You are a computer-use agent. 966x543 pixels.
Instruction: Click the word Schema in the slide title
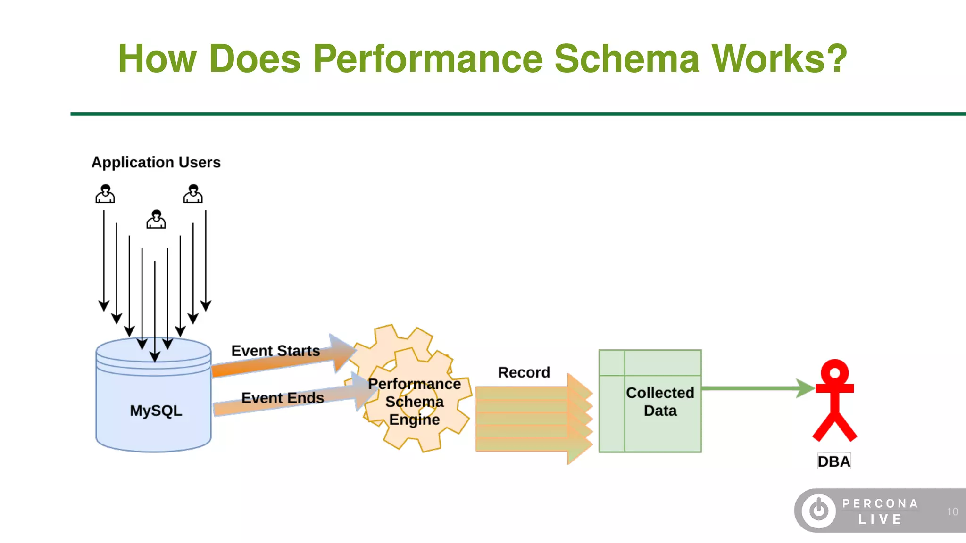(x=626, y=58)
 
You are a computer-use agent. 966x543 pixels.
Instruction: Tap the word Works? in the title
(x=779, y=58)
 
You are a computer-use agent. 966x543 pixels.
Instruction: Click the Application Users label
(x=156, y=162)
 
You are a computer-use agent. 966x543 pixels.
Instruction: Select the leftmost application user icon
(x=105, y=194)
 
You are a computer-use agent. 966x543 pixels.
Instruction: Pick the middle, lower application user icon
(x=156, y=219)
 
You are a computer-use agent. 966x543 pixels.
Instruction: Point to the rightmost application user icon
(x=193, y=194)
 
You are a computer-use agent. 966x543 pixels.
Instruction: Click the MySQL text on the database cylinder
(x=156, y=411)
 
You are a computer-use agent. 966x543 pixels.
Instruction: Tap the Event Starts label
(x=275, y=351)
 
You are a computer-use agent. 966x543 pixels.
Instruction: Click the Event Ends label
(x=283, y=398)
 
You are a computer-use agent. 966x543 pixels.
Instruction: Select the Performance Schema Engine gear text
(x=414, y=402)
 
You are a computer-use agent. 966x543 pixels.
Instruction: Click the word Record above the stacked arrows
(x=524, y=372)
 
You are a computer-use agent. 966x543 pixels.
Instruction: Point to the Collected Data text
(x=660, y=402)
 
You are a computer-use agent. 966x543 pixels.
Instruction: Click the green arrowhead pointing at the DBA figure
(x=805, y=388)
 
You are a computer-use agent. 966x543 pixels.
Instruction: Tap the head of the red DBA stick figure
(x=834, y=373)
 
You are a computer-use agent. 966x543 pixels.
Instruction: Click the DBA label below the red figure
(x=834, y=461)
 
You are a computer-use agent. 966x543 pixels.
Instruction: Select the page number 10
(x=952, y=511)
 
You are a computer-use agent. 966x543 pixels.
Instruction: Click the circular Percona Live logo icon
(x=819, y=510)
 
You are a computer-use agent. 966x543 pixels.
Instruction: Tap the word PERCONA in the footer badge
(x=880, y=503)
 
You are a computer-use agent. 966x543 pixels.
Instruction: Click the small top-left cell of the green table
(x=612, y=362)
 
